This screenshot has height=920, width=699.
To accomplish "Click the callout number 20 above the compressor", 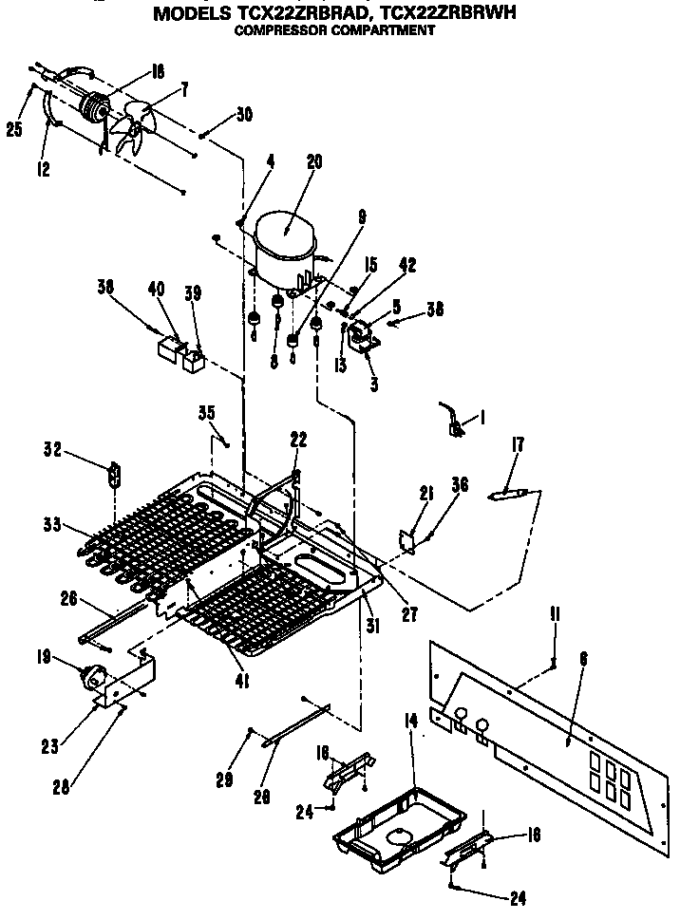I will coord(314,162).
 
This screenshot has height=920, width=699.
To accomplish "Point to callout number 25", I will coord(14,129).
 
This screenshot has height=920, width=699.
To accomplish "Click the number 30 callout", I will coord(243,114).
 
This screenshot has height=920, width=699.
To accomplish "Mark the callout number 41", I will coord(242,680).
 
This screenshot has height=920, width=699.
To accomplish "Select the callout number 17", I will coord(518,444).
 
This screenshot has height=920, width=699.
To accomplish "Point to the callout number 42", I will coord(407,267).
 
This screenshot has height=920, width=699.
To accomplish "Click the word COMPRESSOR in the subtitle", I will coord(286,29).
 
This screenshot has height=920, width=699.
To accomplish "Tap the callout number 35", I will coord(206,412).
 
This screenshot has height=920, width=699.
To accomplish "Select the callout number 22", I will coord(298,439).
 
